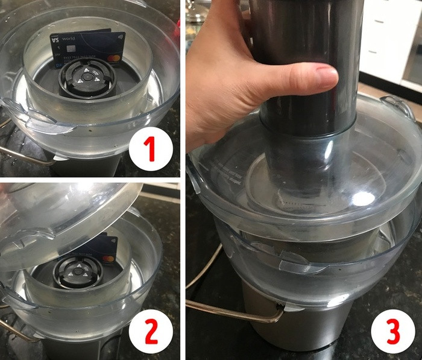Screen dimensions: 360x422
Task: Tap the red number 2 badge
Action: pos(150,330)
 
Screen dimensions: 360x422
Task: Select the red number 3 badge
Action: pos(392,330)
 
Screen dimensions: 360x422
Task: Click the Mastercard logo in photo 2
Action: pos(109,258)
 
